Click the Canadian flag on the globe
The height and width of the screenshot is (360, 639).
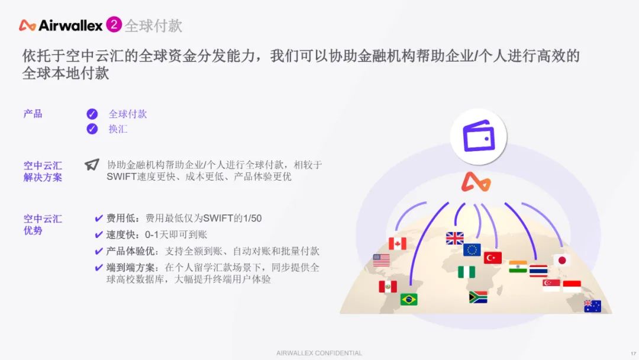[x=398, y=243]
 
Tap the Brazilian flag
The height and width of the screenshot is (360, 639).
[x=409, y=300]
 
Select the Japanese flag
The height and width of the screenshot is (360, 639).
[x=561, y=260]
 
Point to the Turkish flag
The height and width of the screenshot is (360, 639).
[x=493, y=258]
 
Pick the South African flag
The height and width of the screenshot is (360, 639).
[x=478, y=297]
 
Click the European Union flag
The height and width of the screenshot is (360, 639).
[x=472, y=249]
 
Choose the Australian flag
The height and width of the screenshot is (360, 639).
[x=592, y=306]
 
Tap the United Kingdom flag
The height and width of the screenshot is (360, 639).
[x=455, y=238]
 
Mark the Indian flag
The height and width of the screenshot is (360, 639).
[x=518, y=266]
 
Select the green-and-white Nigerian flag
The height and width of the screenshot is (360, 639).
[x=467, y=272]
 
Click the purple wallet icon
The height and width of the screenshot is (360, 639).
[x=479, y=136]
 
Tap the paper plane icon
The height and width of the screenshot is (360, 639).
[x=92, y=164]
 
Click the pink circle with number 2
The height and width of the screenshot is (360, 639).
[x=114, y=24]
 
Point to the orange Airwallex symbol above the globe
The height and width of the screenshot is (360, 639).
[x=476, y=182]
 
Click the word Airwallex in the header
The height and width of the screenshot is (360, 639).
[x=70, y=25]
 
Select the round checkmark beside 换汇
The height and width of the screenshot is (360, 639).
[x=92, y=129]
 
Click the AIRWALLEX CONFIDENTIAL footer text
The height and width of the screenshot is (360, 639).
[x=319, y=353]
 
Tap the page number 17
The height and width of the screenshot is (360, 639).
[x=633, y=353]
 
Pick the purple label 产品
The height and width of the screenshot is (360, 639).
[x=33, y=114]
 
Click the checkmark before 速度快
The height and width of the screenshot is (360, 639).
[x=99, y=235]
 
